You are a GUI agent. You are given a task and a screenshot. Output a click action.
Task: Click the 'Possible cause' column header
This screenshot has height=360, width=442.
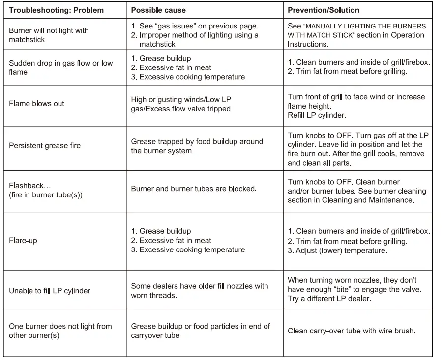(x=158, y=10)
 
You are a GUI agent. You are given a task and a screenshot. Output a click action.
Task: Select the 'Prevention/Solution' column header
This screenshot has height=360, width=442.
(x=323, y=10)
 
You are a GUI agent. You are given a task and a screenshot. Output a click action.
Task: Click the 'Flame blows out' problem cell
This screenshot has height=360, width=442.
(x=36, y=104)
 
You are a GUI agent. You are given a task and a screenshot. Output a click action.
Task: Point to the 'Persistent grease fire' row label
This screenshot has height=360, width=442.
(x=45, y=146)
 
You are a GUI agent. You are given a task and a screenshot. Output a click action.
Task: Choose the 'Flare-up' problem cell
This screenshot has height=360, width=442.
(x=23, y=241)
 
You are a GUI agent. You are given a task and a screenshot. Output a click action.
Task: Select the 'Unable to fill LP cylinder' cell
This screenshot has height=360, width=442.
(x=50, y=291)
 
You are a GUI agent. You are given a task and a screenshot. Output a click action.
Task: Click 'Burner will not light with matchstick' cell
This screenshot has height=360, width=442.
(x=49, y=35)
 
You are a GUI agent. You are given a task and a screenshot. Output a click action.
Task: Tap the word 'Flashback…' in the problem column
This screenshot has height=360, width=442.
(x=30, y=186)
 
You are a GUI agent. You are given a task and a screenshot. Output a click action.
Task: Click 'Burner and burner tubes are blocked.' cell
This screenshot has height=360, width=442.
(x=194, y=189)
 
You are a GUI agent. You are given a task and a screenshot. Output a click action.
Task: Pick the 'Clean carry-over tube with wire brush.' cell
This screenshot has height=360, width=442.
(x=352, y=331)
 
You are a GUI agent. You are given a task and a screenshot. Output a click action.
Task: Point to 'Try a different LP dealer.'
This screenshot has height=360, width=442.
(x=329, y=299)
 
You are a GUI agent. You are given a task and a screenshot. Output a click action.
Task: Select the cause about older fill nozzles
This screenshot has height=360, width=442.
(x=199, y=291)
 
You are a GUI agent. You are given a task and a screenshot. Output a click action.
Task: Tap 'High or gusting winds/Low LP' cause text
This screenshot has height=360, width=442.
(x=180, y=100)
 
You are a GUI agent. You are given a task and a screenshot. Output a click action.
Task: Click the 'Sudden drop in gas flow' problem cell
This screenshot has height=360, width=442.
(x=60, y=68)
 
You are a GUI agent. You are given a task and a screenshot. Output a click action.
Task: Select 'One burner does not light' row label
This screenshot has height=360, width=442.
(x=60, y=331)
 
